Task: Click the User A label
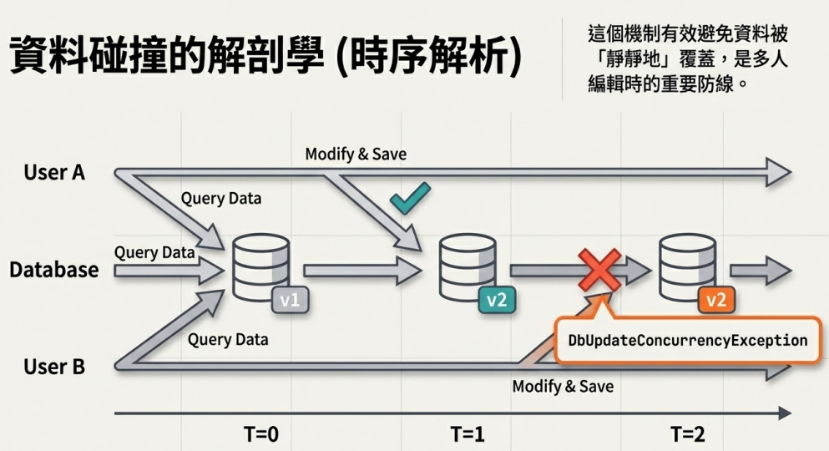tap(54, 172)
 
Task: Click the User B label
tap(54, 367)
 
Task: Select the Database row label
tap(54, 270)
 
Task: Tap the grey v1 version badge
tap(290, 301)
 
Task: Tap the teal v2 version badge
tap(497, 301)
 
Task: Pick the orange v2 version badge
tap(715, 301)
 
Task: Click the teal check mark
tap(410, 199)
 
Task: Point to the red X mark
tap(599, 270)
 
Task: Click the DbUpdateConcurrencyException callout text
tap(688, 340)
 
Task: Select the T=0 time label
tap(261, 434)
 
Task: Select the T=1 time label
tap(468, 434)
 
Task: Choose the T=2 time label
tap(687, 434)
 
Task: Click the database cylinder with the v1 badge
tap(261, 267)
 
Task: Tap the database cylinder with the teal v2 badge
tap(468, 267)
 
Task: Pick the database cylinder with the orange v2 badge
tap(687, 267)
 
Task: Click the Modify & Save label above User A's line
tap(356, 154)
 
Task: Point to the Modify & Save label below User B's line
tap(563, 386)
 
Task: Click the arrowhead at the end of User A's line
tap(778, 172)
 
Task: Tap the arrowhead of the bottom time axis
tap(785, 413)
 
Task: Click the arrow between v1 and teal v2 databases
tap(363, 271)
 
